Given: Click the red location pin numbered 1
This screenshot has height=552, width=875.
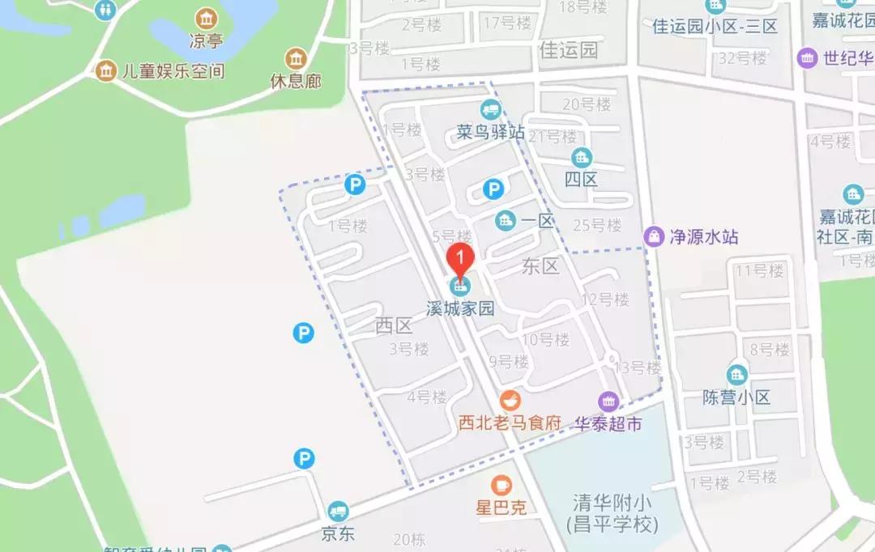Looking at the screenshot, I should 460,258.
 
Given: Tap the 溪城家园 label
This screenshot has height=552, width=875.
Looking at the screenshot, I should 460,308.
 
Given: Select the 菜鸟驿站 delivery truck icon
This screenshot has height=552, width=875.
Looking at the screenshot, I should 489,108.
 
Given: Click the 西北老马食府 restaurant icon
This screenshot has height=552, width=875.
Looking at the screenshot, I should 510,400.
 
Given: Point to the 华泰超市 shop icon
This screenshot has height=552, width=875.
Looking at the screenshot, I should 608,401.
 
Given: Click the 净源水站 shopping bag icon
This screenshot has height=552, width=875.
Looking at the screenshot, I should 653,236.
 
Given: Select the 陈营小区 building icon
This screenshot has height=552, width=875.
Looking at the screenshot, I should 736,375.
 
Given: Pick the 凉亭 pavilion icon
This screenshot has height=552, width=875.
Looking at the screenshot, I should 207,18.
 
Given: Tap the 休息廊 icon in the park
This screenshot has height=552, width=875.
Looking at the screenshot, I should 295,58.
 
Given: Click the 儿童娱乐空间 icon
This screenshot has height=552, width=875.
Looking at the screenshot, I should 105,70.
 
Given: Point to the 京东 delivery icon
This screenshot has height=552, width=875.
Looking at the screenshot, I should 338,512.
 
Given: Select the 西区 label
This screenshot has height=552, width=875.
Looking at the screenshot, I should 395,325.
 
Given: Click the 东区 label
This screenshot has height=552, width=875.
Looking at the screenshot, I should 540,266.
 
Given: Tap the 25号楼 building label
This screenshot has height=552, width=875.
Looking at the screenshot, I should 596,224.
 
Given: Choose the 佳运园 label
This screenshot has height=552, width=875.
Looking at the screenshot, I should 568,50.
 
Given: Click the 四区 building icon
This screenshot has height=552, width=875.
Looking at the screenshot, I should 581,157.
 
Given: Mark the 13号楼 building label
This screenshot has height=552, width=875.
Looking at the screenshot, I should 638,367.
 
